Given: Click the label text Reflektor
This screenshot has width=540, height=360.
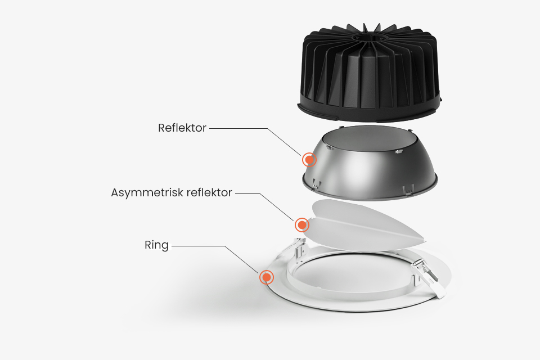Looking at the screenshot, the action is pyautogui.click(x=182, y=128).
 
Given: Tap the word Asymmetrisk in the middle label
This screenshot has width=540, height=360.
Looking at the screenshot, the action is pyautogui.click(x=147, y=192).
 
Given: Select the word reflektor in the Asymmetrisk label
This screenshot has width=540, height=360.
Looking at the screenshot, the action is pyautogui.click(x=209, y=192).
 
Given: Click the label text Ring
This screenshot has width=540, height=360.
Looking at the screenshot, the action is pyautogui.click(x=157, y=245).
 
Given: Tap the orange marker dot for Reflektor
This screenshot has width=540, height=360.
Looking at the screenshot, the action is pyautogui.click(x=309, y=160).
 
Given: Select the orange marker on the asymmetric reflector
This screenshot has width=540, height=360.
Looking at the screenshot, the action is pyautogui.click(x=302, y=225).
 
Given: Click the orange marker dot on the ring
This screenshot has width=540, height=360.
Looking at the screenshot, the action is pyautogui.click(x=267, y=277).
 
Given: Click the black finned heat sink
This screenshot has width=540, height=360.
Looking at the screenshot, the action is pyautogui.click(x=369, y=73).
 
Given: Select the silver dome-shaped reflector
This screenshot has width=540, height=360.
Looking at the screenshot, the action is pyautogui.click(x=370, y=163).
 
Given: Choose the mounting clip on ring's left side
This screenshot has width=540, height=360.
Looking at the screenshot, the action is pyautogui.click(x=299, y=248).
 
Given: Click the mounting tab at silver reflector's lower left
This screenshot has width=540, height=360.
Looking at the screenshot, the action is pyautogui.click(x=317, y=184).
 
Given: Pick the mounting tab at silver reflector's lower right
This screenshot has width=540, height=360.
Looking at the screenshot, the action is pyautogui.click(x=408, y=190).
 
